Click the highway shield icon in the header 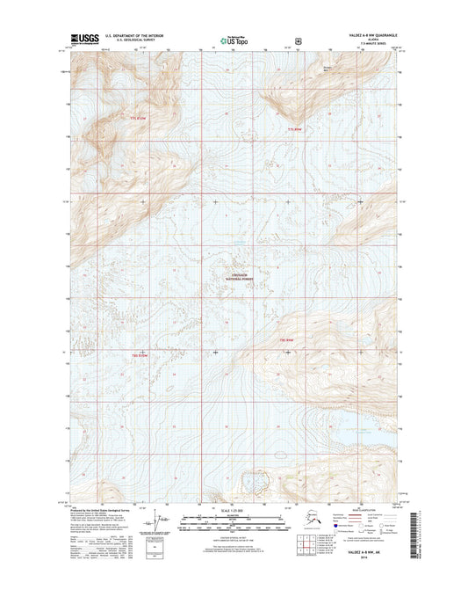[299, 40]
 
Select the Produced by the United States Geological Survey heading [103, 509]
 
